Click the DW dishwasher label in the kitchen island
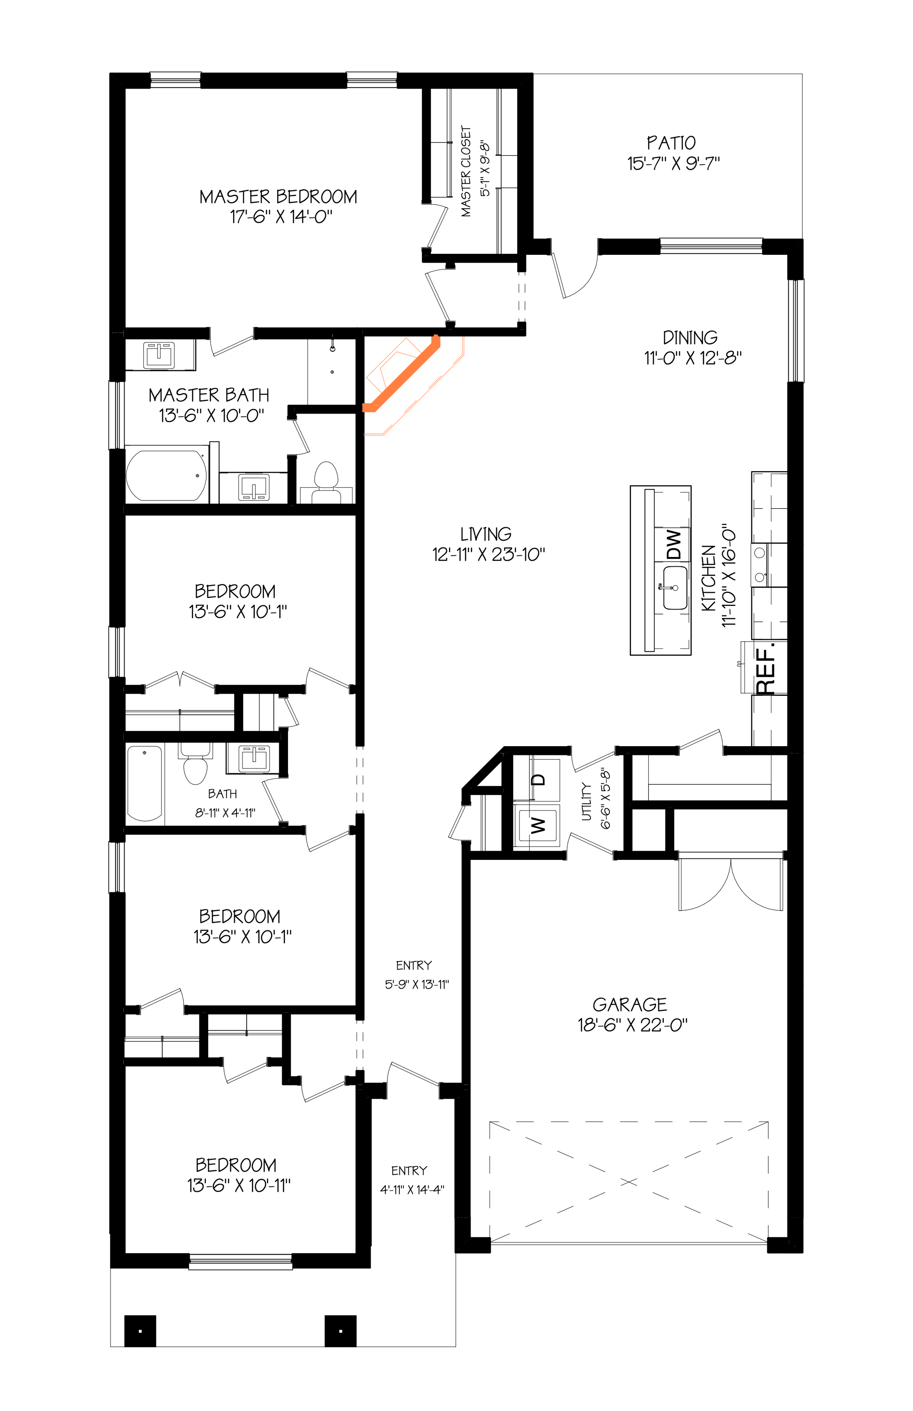pos(674,544)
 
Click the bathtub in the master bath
pos(167,475)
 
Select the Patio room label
pos(671,143)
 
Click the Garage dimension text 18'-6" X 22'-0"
pos(633,1025)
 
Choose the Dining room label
pos(690,338)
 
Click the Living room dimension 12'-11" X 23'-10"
pos(488,554)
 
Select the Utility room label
pos(587,801)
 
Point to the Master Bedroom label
pos(278,197)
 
